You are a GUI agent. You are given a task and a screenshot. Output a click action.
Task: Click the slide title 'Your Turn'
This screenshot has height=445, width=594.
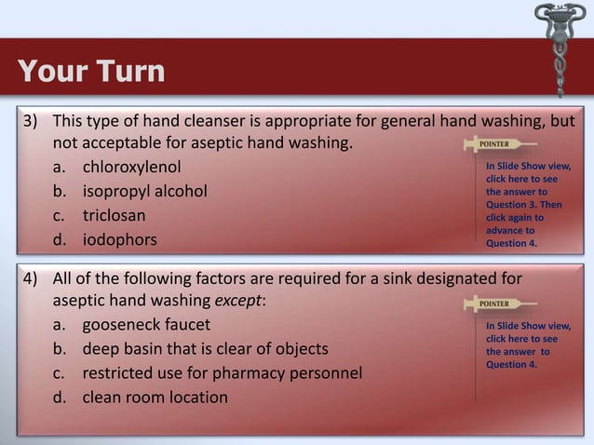tap(90, 71)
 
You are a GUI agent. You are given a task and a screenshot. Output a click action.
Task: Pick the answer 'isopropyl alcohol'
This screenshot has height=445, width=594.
tap(144, 193)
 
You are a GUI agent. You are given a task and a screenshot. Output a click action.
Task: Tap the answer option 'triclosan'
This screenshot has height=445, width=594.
tap(114, 216)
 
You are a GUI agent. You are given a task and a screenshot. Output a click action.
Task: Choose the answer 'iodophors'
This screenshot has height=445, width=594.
tap(119, 240)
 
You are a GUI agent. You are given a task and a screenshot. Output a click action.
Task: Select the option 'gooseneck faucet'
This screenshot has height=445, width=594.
tap(145, 325)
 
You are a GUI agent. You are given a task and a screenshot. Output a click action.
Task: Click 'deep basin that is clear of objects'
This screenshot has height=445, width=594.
tap(205, 349)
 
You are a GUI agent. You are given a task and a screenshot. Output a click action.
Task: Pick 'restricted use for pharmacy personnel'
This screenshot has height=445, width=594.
tap(222, 373)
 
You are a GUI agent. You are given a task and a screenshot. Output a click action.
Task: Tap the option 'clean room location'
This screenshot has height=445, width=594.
tap(155, 398)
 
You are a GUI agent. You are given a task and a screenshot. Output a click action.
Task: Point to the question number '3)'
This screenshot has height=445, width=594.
tap(32, 122)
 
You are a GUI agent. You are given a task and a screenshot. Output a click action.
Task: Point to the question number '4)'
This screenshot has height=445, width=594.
tap(32, 277)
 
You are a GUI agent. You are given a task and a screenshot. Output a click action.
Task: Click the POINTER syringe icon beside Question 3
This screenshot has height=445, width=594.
tap(499, 145)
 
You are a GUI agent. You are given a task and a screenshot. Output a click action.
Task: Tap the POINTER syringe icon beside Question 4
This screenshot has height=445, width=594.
tap(499, 303)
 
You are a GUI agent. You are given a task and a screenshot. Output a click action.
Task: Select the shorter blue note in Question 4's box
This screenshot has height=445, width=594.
tap(523, 345)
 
